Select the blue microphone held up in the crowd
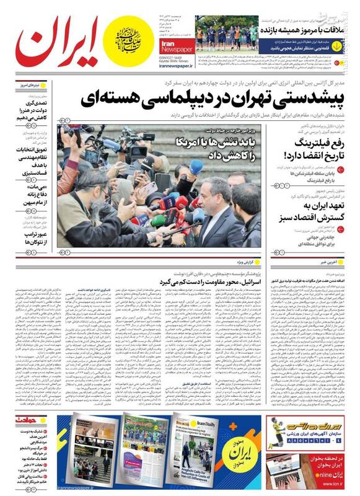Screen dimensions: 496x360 click(196, 167)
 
